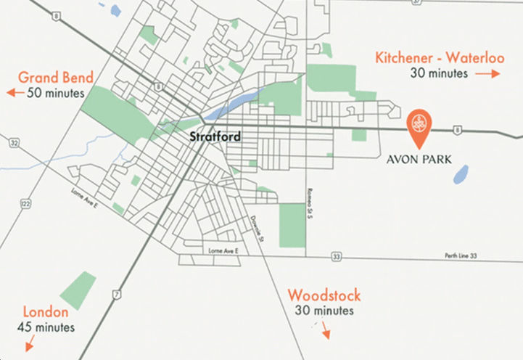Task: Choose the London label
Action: pos(46,312)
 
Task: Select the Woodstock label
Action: pos(324,295)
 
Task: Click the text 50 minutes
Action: pos(55,93)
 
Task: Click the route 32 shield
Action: pos(15,143)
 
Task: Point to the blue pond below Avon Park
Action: pos(460,174)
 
